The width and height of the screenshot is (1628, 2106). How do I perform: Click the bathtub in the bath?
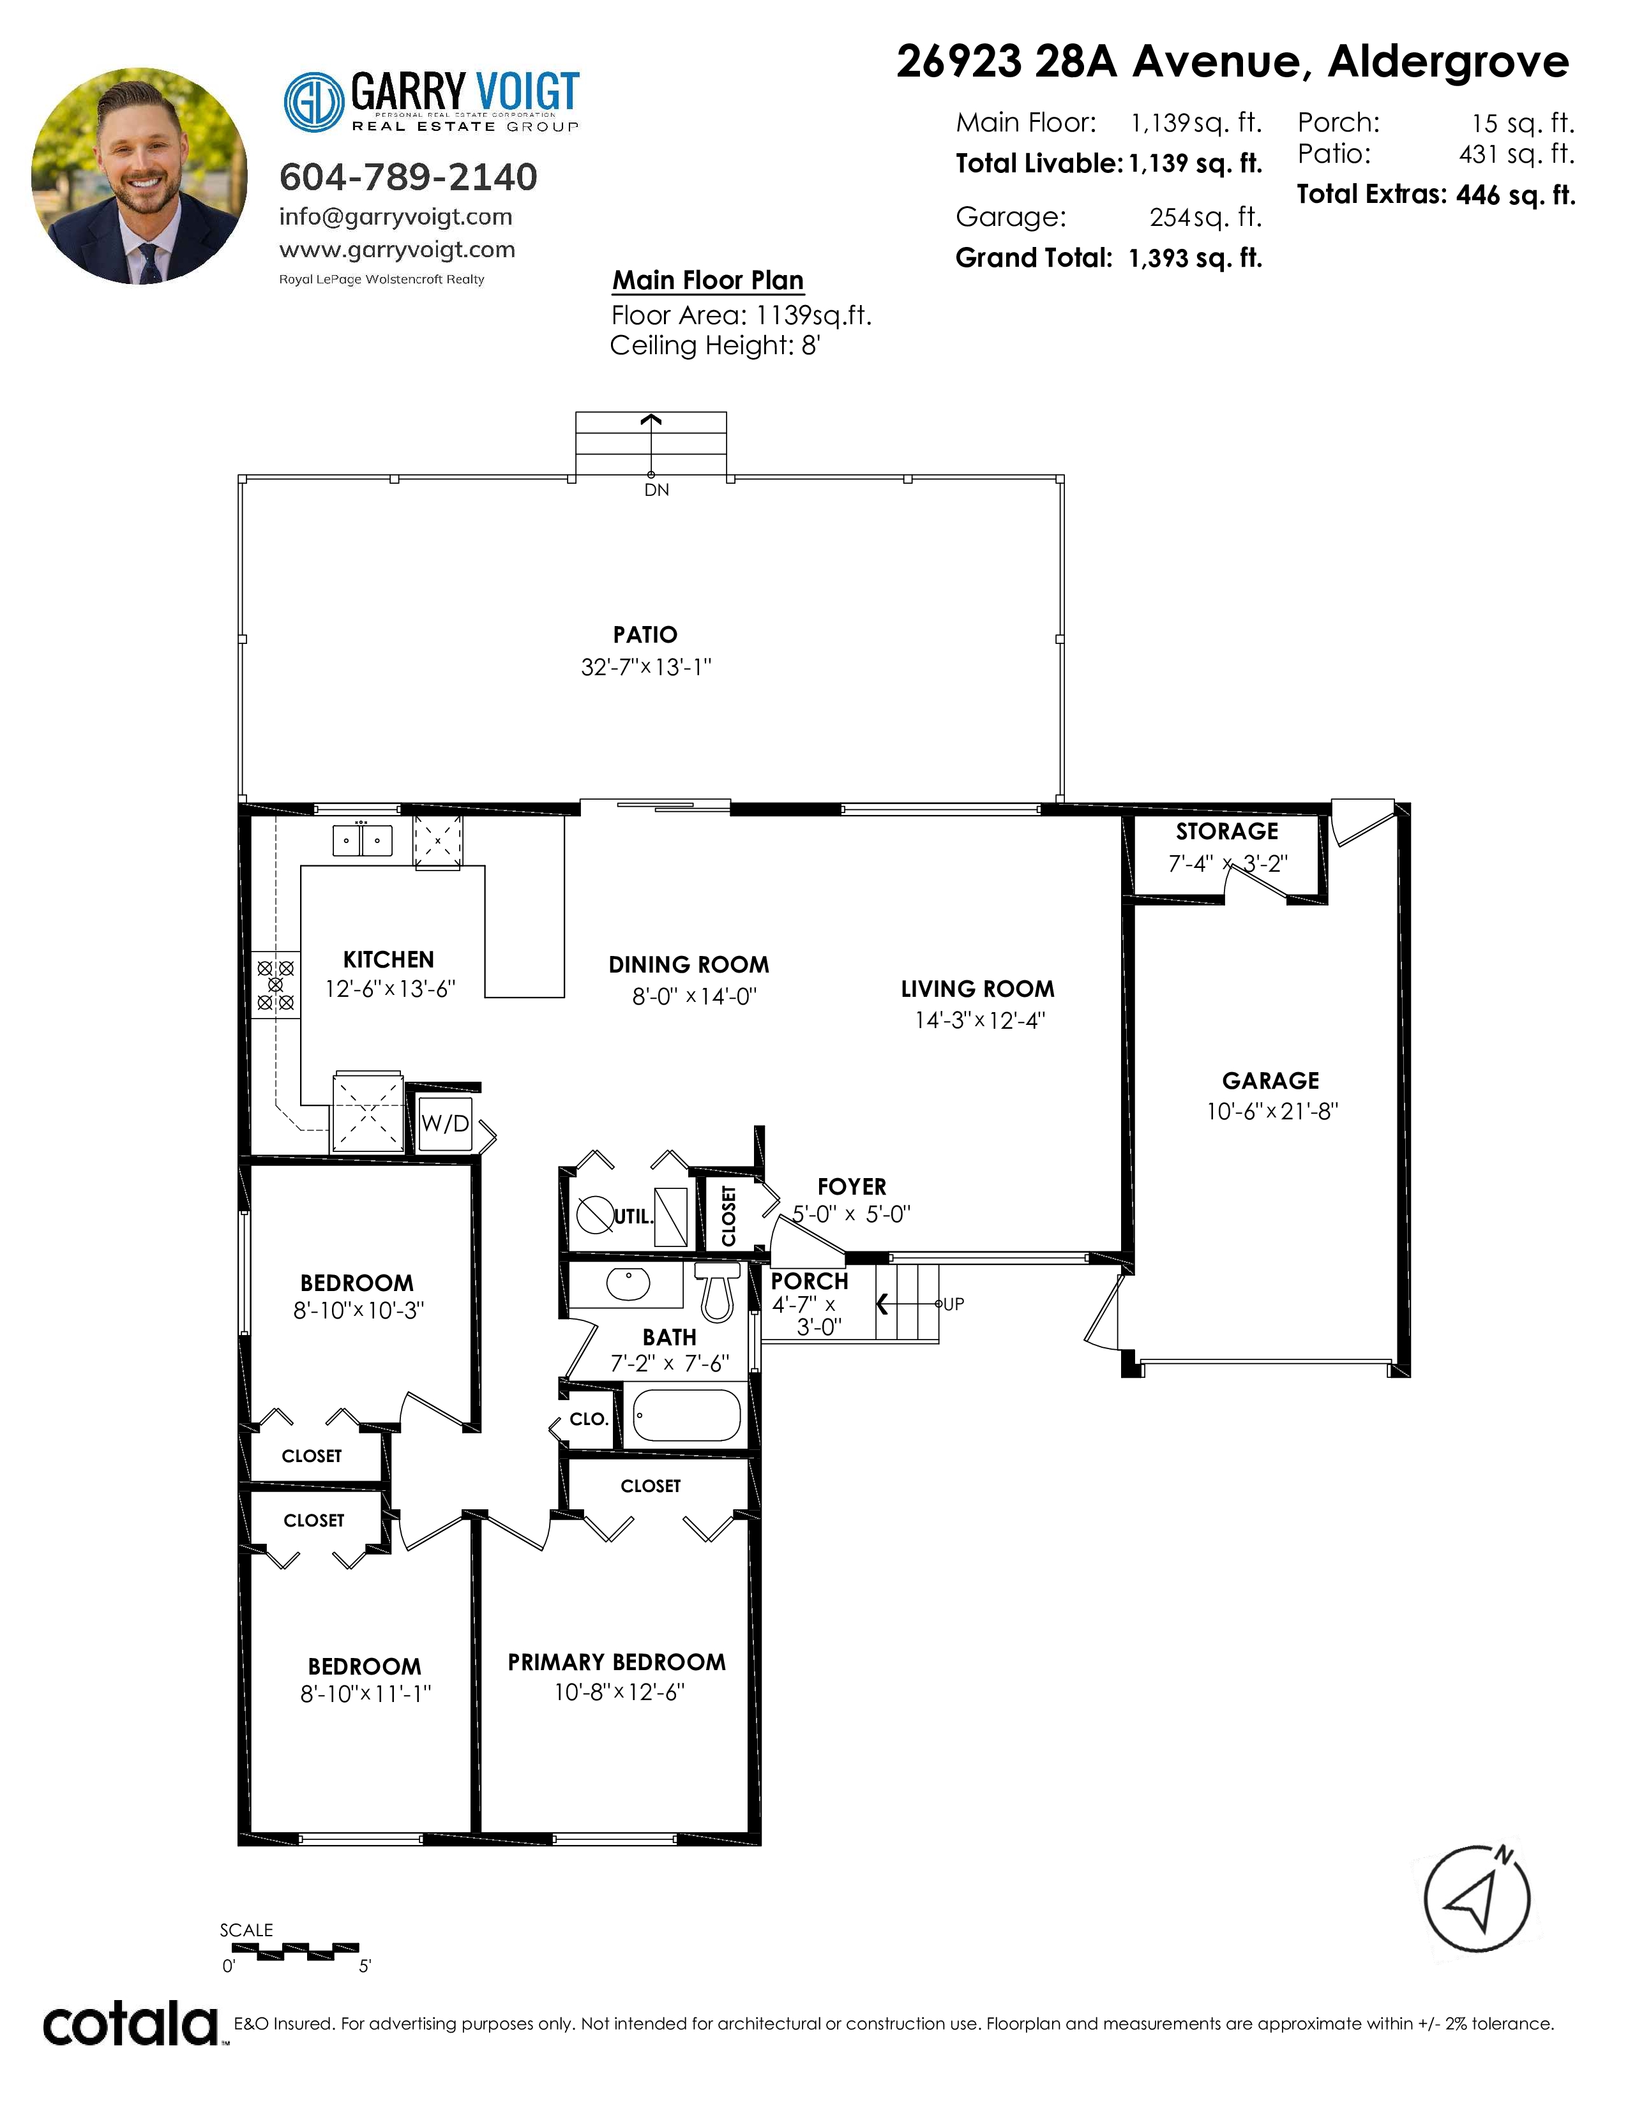(x=687, y=1415)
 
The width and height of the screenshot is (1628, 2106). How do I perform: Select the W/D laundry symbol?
(x=444, y=1123)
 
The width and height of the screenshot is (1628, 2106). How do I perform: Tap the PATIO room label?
(x=645, y=634)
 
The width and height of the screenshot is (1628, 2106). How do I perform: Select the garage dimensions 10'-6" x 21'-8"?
(x=1272, y=1111)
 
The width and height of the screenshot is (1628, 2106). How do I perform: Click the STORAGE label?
(x=1227, y=831)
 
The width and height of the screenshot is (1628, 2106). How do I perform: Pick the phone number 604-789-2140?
(x=408, y=177)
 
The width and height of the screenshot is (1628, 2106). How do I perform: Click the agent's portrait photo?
(x=139, y=175)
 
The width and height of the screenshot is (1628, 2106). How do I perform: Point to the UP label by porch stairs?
(x=953, y=1304)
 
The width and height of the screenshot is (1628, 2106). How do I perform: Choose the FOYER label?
(x=852, y=1187)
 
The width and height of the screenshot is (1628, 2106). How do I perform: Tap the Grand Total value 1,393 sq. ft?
(x=1195, y=258)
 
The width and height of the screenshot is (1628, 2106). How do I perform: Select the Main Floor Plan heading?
(x=708, y=281)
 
